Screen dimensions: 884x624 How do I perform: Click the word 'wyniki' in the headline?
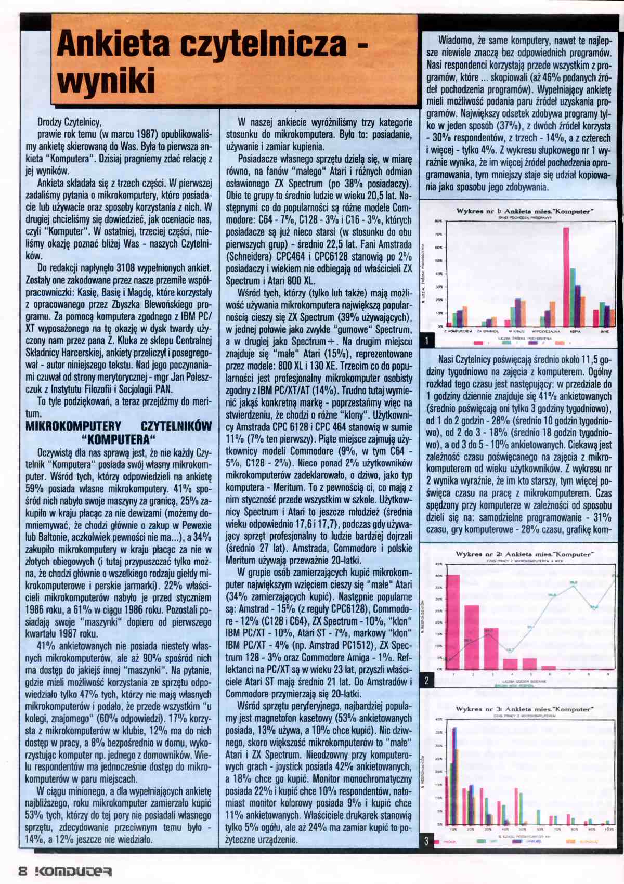click(106, 81)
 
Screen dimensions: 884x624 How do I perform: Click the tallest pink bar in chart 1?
click(566, 276)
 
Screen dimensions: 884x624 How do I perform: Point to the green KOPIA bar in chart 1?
click(572, 296)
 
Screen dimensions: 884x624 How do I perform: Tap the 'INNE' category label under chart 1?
click(605, 331)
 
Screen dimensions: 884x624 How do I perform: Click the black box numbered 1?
click(427, 341)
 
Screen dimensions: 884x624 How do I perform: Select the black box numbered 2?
click(427, 680)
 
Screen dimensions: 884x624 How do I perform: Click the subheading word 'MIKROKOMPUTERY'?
click(73, 426)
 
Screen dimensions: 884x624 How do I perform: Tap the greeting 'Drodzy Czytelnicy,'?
click(69, 122)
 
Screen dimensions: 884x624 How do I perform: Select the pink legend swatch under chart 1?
click(477, 343)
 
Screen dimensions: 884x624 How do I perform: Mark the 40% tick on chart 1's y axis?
click(439, 274)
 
